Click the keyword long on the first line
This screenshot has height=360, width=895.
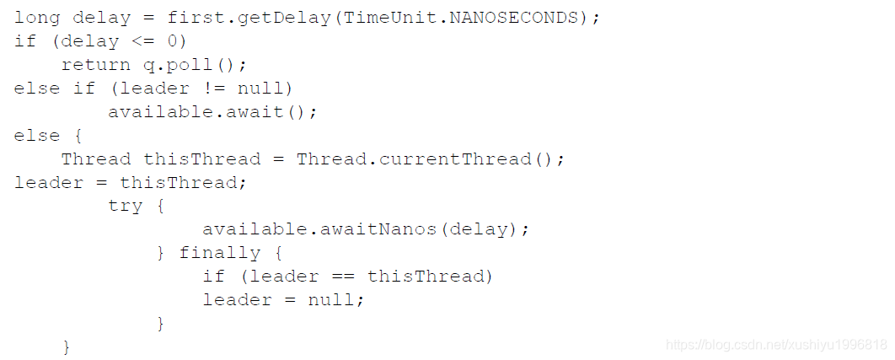click(x=37, y=18)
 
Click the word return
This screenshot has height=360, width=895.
click(x=95, y=65)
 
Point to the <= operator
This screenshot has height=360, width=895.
click(x=142, y=41)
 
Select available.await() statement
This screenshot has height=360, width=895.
click(x=213, y=112)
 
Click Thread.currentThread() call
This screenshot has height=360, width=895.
click(x=425, y=159)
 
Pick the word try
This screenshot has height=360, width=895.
click(x=125, y=206)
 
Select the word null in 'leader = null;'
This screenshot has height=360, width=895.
click(x=331, y=300)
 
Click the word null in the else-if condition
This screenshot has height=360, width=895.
click(x=260, y=89)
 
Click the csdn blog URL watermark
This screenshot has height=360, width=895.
click(x=775, y=345)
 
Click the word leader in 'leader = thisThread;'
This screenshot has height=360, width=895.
click(x=49, y=182)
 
